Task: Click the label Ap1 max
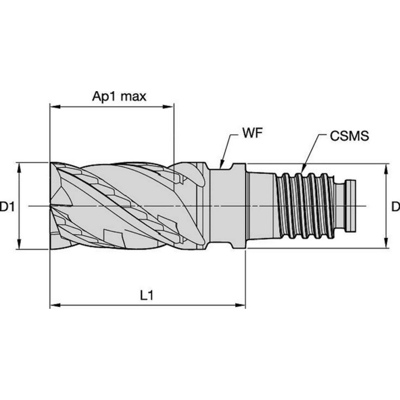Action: (x=120, y=97)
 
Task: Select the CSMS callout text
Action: (x=349, y=136)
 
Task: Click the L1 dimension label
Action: (x=146, y=296)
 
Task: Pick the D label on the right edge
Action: (x=395, y=207)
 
